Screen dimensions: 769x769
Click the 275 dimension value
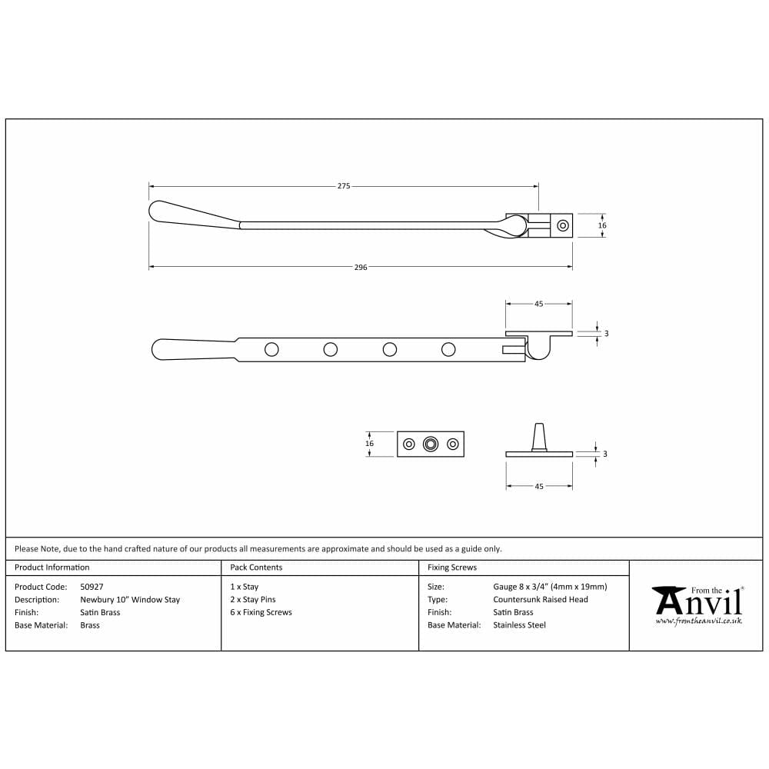click(x=344, y=186)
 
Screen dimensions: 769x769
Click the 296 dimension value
click(x=361, y=268)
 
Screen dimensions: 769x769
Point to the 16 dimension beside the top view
click(x=602, y=225)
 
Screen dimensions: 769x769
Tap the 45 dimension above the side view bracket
click(x=538, y=304)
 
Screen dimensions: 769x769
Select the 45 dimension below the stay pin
click(x=538, y=486)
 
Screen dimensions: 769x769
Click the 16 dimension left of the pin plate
click(x=369, y=444)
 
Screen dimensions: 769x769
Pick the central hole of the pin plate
click(x=431, y=444)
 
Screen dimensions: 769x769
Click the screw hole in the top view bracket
click(x=563, y=225)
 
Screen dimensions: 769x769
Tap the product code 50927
click(x=92, y=587)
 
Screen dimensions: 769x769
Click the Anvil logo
click(x=697, y=601)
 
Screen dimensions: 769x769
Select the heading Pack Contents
click(x=256, y=568)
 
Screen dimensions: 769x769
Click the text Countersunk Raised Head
click(x=541, y=600)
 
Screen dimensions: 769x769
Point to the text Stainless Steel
click(x=519, y=625)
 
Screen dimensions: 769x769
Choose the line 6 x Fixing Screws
click(x=261, y=613)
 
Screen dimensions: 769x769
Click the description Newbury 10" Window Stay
click(x=130, y=600)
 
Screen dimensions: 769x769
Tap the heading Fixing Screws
click(x=452, y=568)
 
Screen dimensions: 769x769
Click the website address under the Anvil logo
click(x=698, y=620)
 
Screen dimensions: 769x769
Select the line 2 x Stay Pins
click(x=252, y=600)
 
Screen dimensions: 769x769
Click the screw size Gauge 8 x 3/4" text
click(x=550, y=587)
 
